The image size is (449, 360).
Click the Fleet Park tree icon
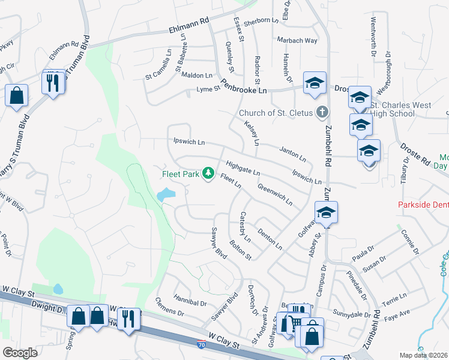pos(209,174)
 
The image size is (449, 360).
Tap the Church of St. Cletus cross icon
pos(322,112)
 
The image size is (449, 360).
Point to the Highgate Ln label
pos(243,167)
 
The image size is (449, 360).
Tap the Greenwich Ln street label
pos(275,194)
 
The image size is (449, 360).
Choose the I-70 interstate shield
pos(202,344)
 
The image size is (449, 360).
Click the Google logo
pos(20,353)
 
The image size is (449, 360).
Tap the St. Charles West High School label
pos(400,109)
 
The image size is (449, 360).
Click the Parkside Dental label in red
pos(424,205)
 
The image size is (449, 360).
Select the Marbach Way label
pos(297,40)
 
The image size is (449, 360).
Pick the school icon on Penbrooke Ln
pos(314,85)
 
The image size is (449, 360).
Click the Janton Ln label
pos(292,154)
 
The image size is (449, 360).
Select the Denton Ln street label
pos(270,238)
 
